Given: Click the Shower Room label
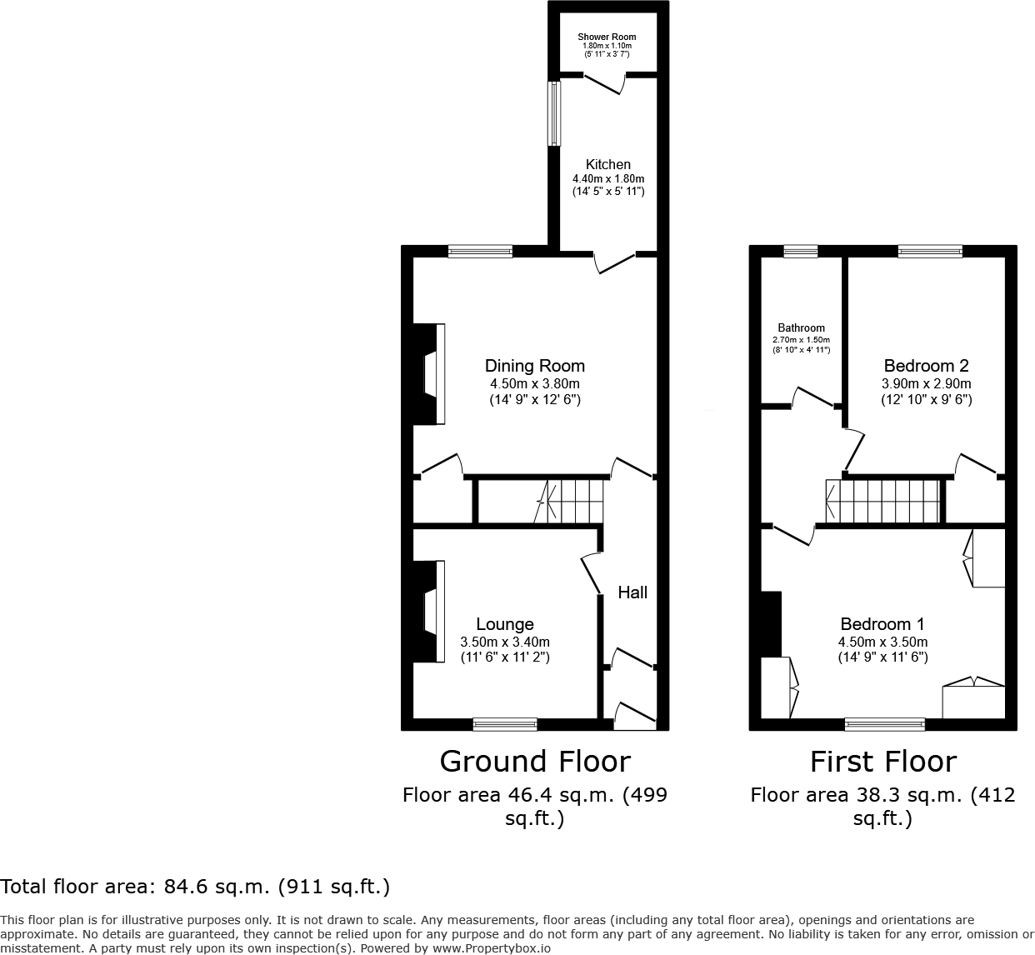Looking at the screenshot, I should coord(607,37).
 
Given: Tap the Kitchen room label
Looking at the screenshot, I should coord(608,164).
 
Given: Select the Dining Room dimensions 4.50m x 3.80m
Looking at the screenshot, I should coord(535,383).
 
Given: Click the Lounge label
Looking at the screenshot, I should coord(505,624).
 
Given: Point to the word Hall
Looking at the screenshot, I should coord(632,592).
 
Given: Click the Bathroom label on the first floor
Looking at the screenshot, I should coord(801,328).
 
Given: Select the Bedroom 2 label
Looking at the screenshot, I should coord(926,365).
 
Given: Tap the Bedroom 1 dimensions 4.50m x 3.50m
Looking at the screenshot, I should coord(882,642).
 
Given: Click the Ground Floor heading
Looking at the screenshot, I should coord(534,761).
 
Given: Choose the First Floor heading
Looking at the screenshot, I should coord(882,761).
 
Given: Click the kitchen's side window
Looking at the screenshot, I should coord(553,113).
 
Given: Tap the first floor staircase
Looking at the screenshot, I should coord(882,501).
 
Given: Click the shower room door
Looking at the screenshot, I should coord(605,83).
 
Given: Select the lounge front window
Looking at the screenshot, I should coord(505,724).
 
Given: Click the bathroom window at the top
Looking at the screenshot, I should coord(801,251).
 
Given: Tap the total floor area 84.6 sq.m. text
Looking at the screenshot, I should coord(195,886).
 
